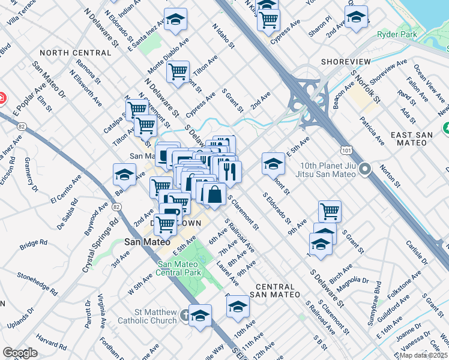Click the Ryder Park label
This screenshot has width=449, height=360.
click(x=397, y=35)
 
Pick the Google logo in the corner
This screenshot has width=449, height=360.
click(x=19, y=352)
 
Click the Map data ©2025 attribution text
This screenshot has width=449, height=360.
click(x=423, y=355)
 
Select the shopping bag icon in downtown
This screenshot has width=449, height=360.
click(x=214, y=194)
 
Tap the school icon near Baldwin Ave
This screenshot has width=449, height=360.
click(x=124, y=175)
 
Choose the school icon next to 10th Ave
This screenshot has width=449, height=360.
click(x=238, y=306)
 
